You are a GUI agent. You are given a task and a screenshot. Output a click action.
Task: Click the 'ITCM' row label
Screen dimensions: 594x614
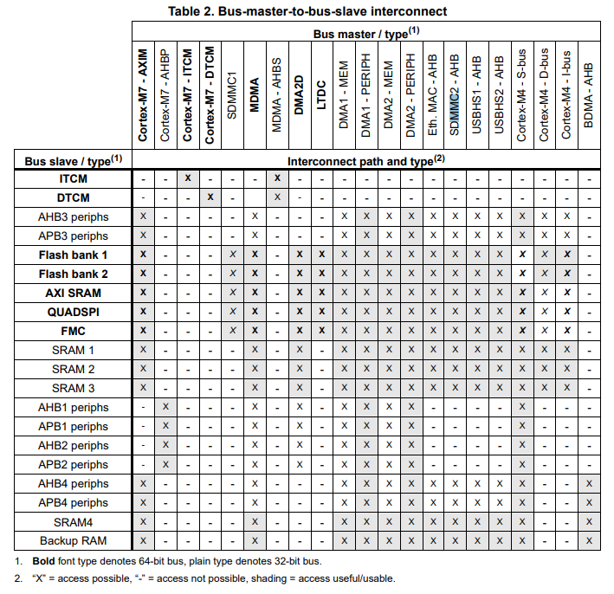74,179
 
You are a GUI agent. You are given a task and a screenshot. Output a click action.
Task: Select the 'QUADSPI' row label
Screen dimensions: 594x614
74,312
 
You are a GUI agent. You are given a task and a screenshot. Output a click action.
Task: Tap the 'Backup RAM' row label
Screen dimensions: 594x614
74,541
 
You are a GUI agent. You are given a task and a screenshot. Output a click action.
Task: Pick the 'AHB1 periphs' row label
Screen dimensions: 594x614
74,408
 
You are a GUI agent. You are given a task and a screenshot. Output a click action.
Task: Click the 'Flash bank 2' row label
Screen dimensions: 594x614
74,274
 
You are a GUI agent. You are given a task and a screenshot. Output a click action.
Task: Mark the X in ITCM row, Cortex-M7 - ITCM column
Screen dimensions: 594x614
188,178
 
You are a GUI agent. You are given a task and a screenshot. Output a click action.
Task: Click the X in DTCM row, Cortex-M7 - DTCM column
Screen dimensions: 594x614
210,197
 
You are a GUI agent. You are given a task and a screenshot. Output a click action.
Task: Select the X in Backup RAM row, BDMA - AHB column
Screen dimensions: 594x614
589,541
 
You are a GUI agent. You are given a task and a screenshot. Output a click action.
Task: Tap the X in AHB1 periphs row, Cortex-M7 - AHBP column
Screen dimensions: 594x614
165,407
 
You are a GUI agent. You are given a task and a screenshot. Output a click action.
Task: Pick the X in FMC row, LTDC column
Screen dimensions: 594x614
321,331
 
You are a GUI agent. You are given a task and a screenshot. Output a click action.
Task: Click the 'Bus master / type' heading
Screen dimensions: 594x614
361,33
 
